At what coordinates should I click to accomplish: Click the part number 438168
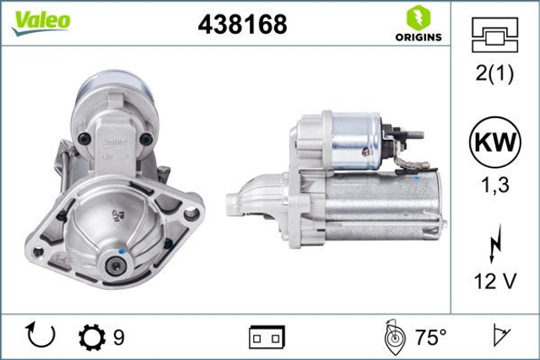click(x=241, y=25)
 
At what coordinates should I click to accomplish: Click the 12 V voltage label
click(x=494, y=282)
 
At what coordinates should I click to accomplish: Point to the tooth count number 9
click(x=119, y=337)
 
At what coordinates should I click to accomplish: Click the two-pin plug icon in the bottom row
click(x=267, y=338)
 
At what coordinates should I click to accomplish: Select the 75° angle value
click(x=430, y=338)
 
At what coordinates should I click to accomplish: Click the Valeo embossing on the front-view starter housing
click(x=115, y=140)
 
